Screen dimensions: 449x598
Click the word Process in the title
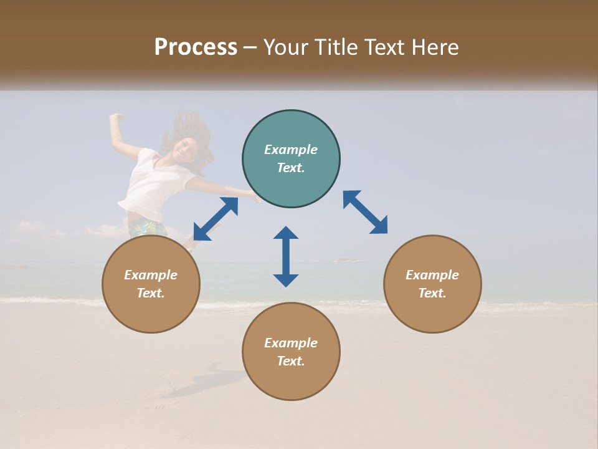[196, 47]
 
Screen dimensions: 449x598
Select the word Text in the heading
[382, 47]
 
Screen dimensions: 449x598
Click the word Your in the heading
[287, 47]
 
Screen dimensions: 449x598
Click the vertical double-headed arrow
[286, 256]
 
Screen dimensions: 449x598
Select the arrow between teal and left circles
[216, 219]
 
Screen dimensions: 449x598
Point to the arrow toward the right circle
[365, 212]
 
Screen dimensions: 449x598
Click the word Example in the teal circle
[291, 150]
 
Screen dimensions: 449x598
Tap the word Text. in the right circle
[432, 293]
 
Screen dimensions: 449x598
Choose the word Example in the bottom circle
[291, 343]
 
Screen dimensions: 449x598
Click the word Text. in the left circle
[151, 293]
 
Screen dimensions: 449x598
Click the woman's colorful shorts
[147, 226]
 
